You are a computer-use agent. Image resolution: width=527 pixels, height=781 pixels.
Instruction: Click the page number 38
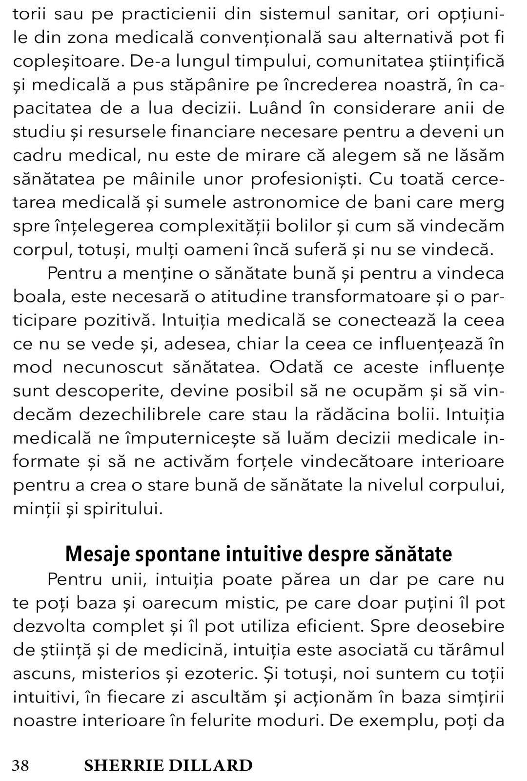coord(20,765)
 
